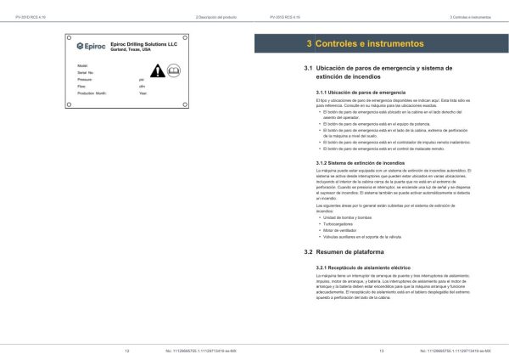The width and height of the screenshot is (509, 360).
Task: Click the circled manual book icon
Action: (173, 71)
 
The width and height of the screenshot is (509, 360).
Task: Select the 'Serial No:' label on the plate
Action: (86, 72)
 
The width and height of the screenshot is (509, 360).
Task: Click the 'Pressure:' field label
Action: (84, 79)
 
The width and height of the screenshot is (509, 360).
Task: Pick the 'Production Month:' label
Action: (91, 93)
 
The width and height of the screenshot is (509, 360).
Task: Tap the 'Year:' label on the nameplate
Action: (143, 93)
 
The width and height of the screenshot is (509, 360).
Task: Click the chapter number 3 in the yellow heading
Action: (307, 42)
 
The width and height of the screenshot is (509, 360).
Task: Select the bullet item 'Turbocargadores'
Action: (336, 222)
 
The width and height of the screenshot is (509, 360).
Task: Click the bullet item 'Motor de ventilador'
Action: (338, 229)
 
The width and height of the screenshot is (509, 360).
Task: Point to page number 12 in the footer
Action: (126, 349)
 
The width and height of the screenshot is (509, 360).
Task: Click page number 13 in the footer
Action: (382, 349)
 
